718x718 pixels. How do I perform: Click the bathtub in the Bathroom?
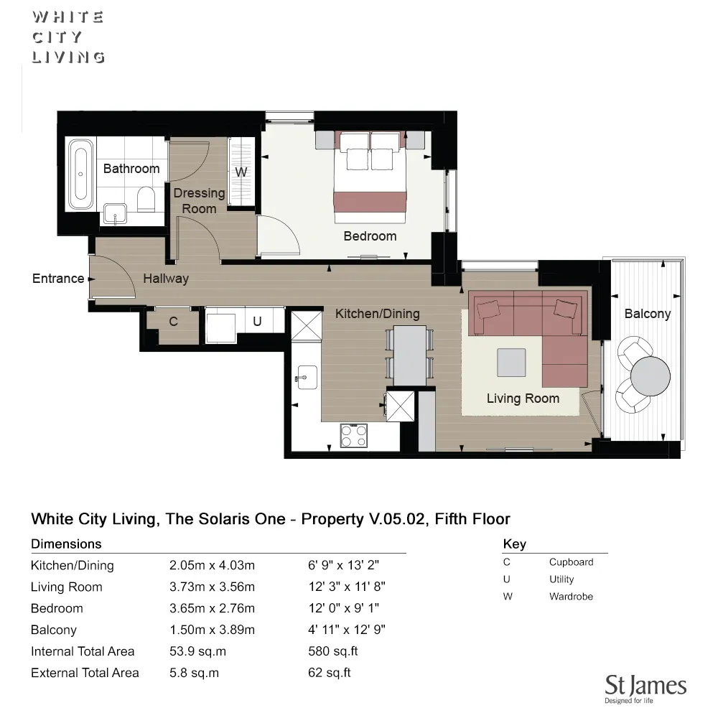click(80, 174)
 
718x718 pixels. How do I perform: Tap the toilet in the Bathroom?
click(146, 199)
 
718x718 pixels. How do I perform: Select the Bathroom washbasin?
click(115, 213)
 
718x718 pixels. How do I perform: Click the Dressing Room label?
click(199, 200)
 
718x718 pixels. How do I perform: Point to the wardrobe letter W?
click(241, 172)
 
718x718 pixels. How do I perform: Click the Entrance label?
click(58, 279)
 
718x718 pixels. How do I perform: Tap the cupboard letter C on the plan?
click(173, 322)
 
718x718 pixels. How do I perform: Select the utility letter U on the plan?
click(257, 322)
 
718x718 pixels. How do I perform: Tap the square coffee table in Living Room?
click(511, 362)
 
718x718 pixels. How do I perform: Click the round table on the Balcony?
click(650, 374)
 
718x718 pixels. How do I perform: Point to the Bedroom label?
click(370, 236)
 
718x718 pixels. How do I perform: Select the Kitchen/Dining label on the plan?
click(377, 314)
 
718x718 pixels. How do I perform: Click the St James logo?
click(645, 688)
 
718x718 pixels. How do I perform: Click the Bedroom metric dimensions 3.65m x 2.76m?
click(212, 608)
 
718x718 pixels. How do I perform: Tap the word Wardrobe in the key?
click(571, 596)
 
